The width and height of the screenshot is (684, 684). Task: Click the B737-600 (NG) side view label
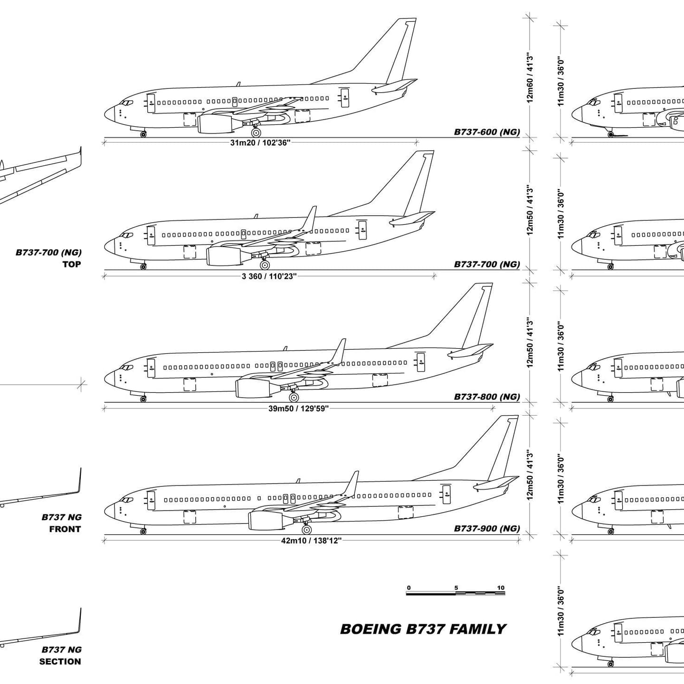486,132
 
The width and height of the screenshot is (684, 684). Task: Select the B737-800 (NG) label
486,397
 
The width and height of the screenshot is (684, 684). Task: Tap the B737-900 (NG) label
486,528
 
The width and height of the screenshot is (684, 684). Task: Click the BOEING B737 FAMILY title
423,629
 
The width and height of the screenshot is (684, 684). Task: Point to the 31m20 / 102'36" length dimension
260,143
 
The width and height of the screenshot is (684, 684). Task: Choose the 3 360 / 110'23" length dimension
269,276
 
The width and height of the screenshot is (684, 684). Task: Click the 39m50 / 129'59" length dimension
298,408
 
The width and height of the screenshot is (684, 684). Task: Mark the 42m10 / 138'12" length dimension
311,541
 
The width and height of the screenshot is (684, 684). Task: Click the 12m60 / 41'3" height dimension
530,78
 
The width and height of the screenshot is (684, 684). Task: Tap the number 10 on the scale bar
501,588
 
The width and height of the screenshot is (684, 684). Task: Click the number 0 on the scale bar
409,588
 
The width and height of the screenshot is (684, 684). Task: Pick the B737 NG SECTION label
61,655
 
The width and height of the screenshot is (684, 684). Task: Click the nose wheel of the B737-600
143,134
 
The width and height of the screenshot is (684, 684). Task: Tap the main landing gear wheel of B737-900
306,529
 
